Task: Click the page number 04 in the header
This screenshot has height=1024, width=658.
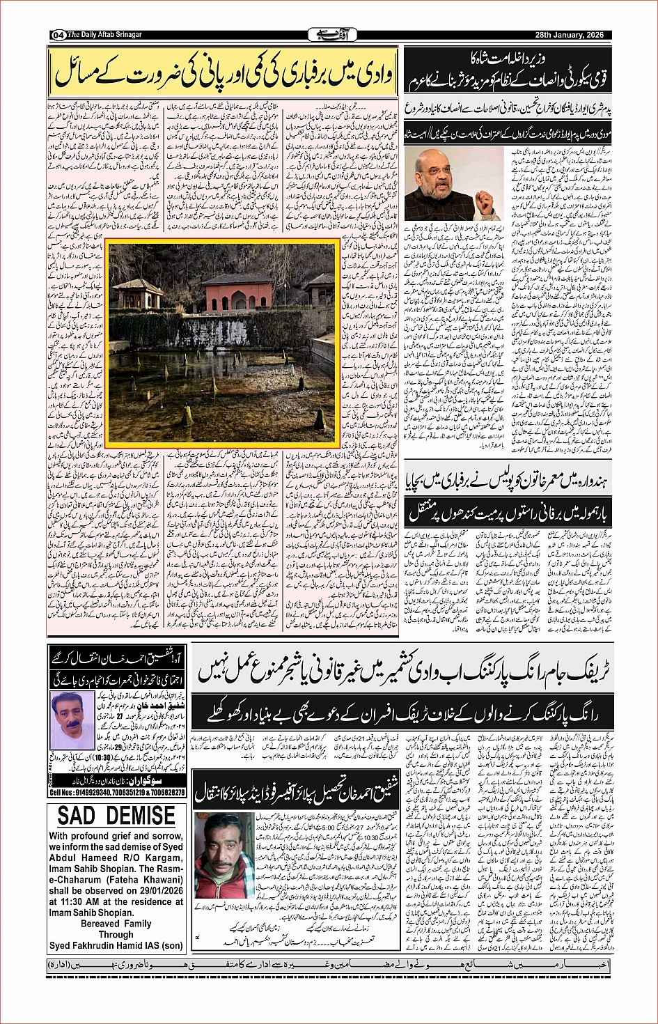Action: point(57,35)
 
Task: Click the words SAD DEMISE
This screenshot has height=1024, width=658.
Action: point(116,816)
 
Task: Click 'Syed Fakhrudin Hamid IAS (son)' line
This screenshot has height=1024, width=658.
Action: point(116,946)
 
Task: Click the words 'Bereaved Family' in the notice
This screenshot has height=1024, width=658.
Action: point(116,924)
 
